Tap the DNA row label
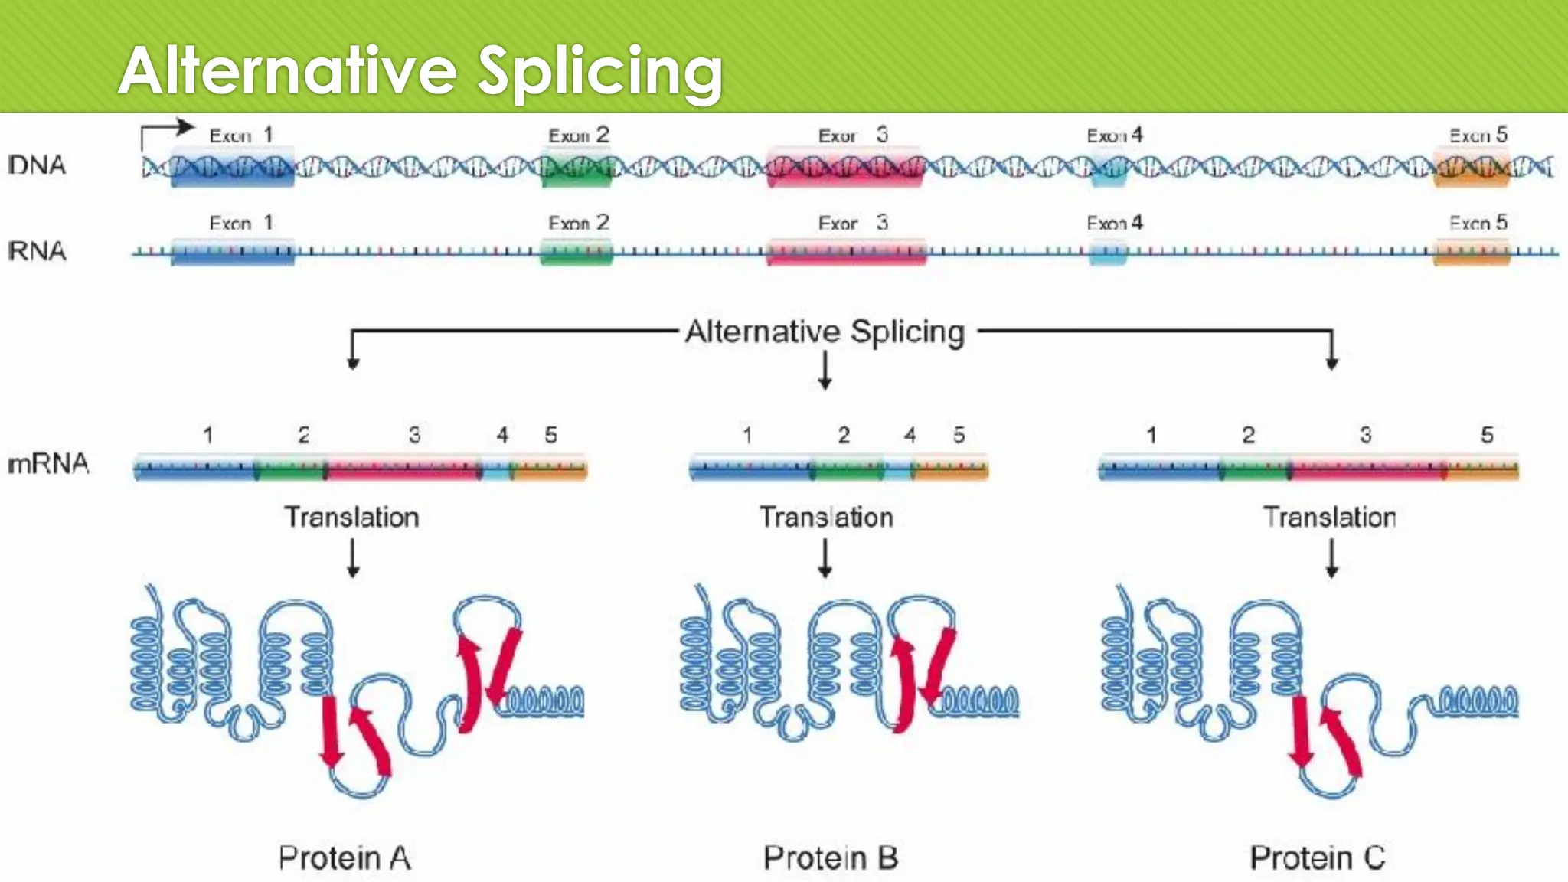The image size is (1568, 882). point(37,165)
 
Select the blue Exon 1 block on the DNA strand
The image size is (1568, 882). point(232,167)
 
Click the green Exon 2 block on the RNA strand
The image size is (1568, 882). point(577,252)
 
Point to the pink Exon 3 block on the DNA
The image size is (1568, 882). point(845,167)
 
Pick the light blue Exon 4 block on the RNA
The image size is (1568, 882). point(1108,252)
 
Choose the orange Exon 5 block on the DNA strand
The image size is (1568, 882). point(1471,167)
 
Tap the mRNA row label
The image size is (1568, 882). point(48,464)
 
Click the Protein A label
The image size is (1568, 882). point(345,858)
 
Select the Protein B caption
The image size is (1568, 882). point(831,858)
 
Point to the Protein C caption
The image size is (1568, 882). point(1318,858)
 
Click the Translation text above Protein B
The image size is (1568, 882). point(826,518)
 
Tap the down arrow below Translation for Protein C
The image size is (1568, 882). point(1331,558)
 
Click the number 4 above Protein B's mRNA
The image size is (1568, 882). point(910,436)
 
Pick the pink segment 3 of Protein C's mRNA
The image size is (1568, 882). point(1367,469)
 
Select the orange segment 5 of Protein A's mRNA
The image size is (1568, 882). point(549,469)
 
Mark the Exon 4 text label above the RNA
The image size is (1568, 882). point(1115,223)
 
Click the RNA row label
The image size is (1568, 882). point(37,251)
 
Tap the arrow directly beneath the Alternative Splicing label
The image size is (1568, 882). point(825,371)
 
